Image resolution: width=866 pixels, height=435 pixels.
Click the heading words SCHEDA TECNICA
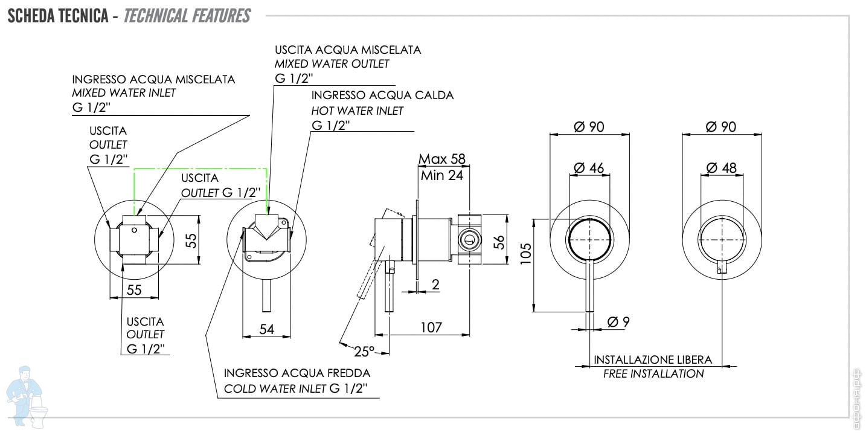coord(58,16)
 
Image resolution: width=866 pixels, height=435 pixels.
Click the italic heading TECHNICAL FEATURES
coord(187,16)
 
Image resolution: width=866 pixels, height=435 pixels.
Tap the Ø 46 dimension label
coord(589,168)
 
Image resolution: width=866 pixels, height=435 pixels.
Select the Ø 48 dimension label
coord(722,168)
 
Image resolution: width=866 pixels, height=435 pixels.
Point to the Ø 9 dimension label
coord(618,321)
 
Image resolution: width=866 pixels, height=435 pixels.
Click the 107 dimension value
coord(431,327)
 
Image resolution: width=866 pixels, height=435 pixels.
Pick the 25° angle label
coord(364,351)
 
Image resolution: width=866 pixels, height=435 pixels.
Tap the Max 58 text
coord(442,159)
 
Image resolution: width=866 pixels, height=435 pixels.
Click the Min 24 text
coord(442,176)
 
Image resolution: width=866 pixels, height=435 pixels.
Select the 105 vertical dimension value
coord(526,254)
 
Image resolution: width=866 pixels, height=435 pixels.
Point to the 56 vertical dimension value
coord(499,242)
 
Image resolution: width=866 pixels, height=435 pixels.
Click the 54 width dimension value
coord(267,329)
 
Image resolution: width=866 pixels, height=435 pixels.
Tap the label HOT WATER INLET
coord(358,111)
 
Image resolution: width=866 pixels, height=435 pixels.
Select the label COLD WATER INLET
coord(275,388)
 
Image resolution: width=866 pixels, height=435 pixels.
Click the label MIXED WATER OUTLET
coord(332,64)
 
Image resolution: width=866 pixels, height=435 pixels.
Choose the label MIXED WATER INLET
coord(124,93)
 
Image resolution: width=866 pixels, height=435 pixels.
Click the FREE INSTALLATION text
coord(653,374)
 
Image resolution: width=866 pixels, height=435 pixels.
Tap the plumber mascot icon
coord(27,397)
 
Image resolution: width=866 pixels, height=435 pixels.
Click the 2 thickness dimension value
coord(435,285)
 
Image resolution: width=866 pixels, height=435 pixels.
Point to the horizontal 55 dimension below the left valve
coord(134,290)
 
